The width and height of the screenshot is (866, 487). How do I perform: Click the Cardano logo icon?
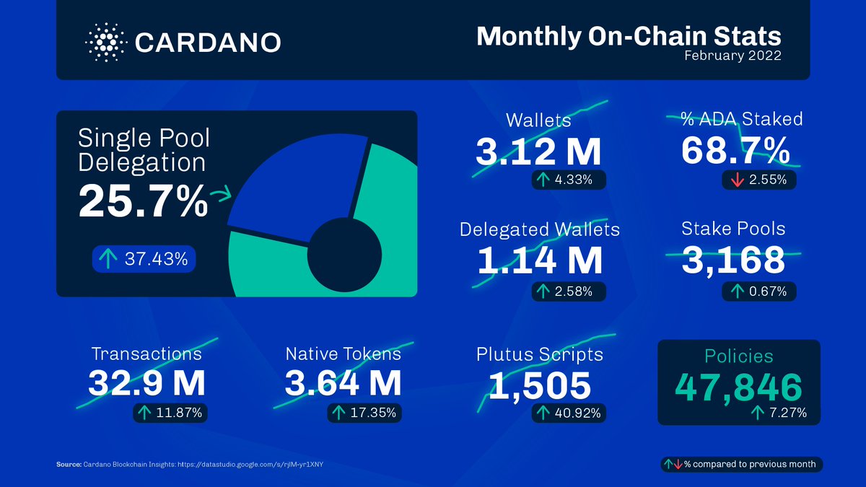pos(105,42)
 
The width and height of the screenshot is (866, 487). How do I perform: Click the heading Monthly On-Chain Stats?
pos(629,37)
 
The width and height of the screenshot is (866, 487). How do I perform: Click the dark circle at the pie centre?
pos(345,253)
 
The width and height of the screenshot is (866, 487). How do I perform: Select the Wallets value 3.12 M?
pos(538,152)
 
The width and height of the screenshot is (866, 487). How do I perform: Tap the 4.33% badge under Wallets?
pos(568,180)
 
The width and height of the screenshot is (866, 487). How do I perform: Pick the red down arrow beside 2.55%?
pos(737,180)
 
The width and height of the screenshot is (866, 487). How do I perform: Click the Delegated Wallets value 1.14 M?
pos(539,260)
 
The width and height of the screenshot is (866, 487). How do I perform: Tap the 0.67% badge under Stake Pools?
pos(758,291)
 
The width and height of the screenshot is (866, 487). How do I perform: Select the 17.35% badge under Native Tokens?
pos(364,413)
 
